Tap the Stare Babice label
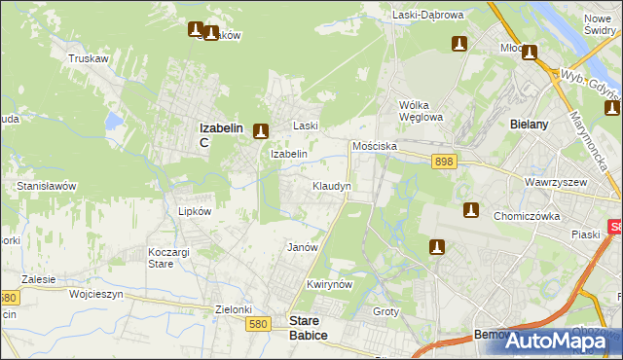[310, 327]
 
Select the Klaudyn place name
[331, 185]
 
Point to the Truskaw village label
[87, 58]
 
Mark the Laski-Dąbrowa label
[427, 16]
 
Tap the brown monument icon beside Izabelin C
[260, 130]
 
